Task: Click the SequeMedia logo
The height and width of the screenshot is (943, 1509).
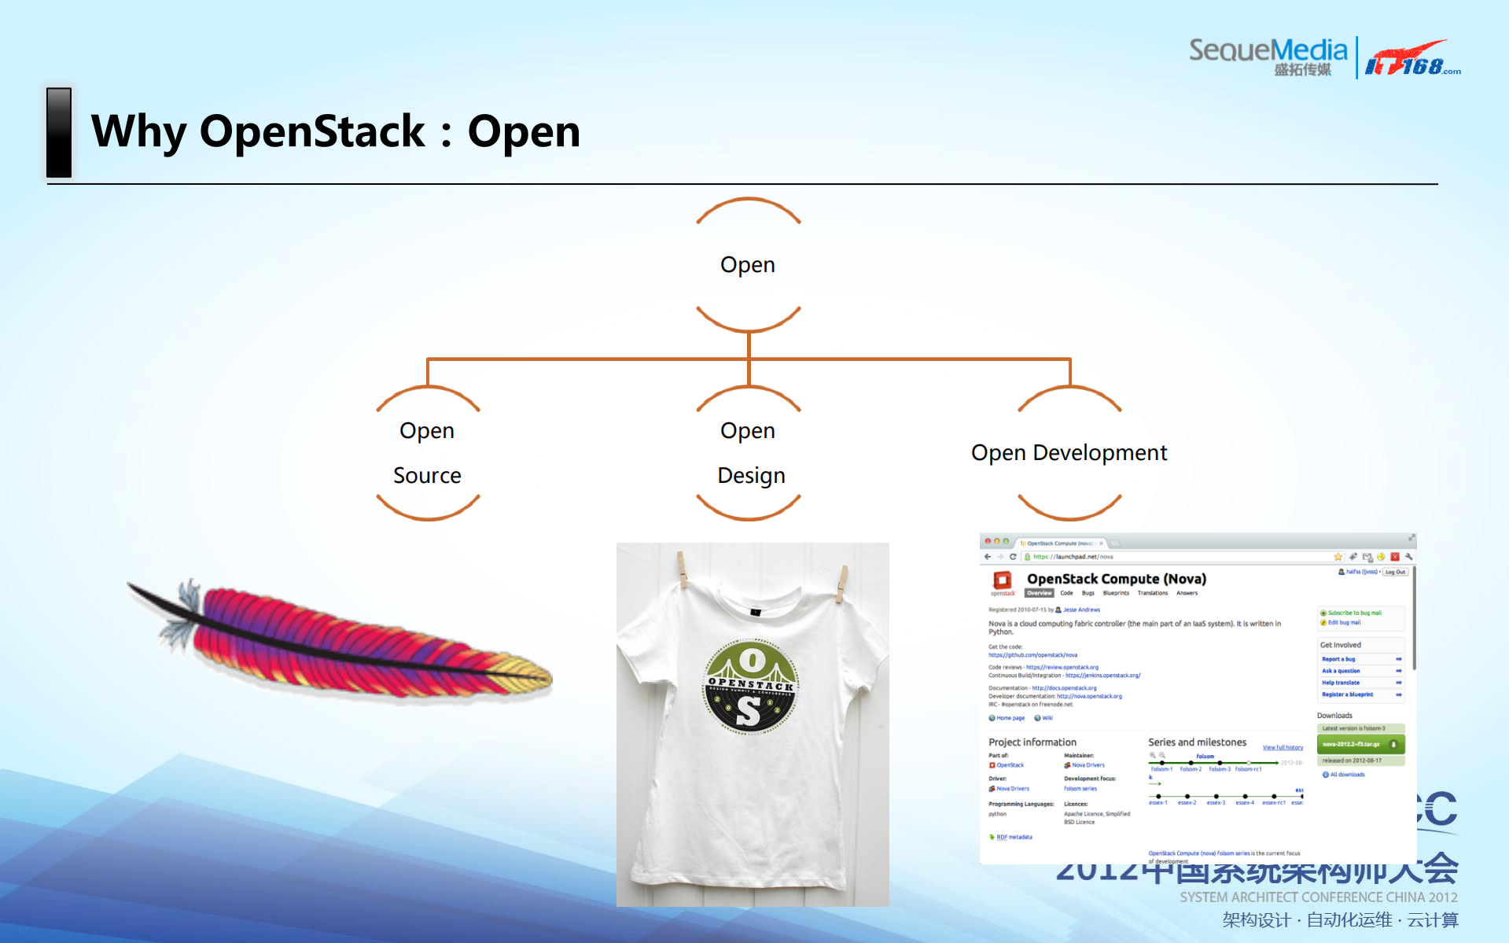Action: coord(1268,55)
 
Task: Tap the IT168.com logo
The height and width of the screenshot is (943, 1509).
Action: coord(1411,59)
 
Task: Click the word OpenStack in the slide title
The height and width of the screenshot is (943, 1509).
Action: coord(312,131)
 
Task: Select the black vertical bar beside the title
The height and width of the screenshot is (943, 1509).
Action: coord(59,132)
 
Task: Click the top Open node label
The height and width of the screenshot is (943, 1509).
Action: coord(747,265)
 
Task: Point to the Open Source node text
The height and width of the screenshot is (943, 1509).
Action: coord(427,453)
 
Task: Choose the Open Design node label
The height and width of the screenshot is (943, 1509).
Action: coord(749,453)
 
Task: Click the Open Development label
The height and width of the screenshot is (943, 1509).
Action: coord(1069,453)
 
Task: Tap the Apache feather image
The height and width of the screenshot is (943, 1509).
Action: coord(346,641)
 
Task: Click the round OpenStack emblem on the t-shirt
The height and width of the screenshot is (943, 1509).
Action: coord(750,687)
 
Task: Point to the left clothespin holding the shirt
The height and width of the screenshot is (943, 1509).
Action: coord(682,568)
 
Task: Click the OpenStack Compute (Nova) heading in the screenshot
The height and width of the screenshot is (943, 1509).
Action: coord(1116,579)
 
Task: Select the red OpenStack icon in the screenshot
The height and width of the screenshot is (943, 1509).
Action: coord(1002,580)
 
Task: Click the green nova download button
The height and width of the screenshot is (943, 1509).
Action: coord(1360,744)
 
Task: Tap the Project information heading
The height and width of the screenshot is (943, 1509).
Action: coord(1032,742)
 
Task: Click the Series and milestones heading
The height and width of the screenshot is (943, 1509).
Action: coord(1197,742)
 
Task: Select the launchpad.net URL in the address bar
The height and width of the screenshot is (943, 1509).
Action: coord(1073,557)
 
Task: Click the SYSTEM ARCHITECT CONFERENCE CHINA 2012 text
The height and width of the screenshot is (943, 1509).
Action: coord(1318,897)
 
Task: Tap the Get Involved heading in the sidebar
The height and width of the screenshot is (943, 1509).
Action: coord(1340,645)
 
